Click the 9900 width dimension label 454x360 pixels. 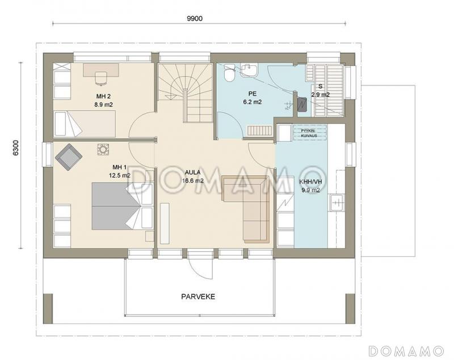[195, 19]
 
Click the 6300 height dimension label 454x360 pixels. [16, 148]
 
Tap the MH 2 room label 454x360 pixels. [103, 96]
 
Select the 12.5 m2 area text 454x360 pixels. [120, 175]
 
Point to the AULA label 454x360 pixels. [192, 172]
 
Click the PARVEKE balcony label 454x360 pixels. [198, 297]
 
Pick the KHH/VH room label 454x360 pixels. [310, 182]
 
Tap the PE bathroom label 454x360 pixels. [253, 94]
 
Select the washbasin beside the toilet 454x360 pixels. [249, 70]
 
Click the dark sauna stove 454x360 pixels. [302, 104]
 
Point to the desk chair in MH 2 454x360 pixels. [101, 79]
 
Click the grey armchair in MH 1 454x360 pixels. [69, 156]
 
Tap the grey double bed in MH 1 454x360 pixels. [116, 206]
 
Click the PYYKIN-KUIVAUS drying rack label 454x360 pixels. [309, 133]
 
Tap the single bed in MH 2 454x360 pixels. [85, 124]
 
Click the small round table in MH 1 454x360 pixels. [103, 150]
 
